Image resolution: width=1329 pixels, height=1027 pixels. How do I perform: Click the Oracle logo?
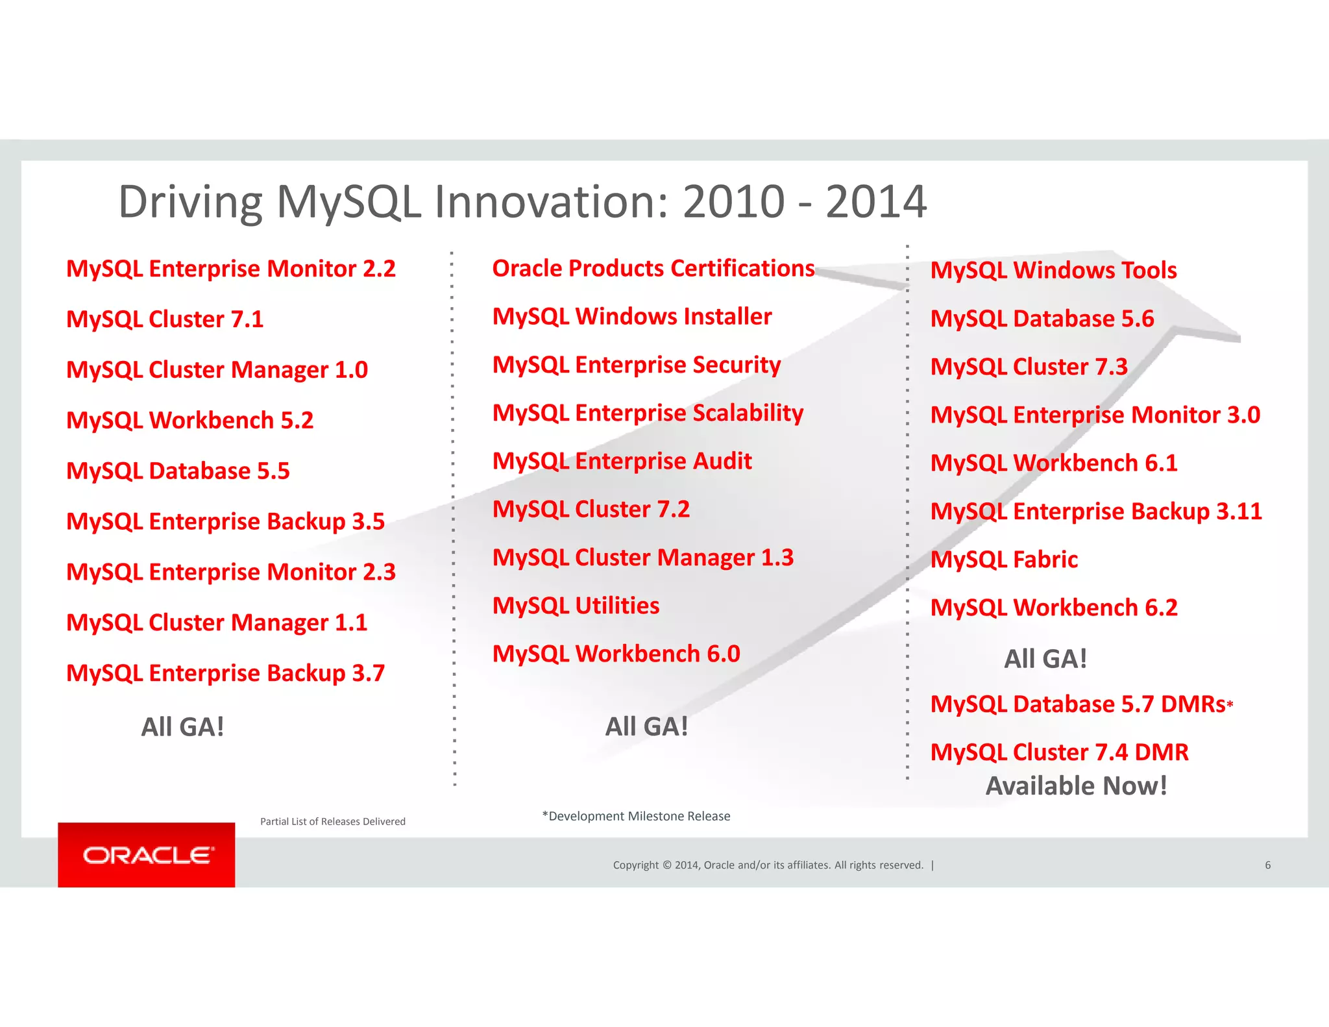[x=147, y=855]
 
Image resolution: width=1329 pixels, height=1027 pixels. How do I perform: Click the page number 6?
[x=1267, y=865]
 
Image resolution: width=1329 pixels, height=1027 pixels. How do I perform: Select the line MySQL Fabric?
[x=1004, y=560]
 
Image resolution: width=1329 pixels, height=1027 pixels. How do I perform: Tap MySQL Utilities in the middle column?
[x=576, y=606]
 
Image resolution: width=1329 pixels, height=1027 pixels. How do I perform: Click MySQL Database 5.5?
[x=178, y=471]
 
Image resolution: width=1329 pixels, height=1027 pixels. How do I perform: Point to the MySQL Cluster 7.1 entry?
[x=165, y=319]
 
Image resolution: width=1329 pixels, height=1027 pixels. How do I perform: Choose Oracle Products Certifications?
[x=653, y=269]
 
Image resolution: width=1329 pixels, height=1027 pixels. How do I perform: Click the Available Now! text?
[x=1076, y=786]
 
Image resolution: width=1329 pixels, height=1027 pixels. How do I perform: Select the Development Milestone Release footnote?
[x=636, y=816]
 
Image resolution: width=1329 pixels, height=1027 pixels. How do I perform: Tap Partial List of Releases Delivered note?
[x=332, y=821]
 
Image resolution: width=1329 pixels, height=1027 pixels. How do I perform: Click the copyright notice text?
[x=768, y=865]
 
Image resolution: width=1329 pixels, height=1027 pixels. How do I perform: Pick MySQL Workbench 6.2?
[x=1053, y=608]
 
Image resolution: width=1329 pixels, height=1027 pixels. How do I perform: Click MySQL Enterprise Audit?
[x=622, y=462]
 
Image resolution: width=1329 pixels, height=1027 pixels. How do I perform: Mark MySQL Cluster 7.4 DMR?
[x=1059, y=752]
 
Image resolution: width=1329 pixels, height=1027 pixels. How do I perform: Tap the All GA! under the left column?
[x=182, y=727]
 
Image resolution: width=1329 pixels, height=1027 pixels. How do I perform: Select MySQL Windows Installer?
[x=631, y=317]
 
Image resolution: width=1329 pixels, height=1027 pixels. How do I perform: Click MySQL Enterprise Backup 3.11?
[x=1095, y=512]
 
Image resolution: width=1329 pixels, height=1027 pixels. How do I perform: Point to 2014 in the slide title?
[x=875, y=202]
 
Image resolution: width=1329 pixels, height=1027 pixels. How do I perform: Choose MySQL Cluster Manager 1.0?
[x=217, y=370]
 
